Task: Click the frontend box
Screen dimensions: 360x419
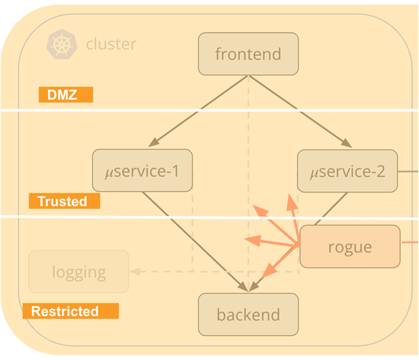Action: (248, 53)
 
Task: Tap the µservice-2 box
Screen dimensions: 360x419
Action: (347, 172)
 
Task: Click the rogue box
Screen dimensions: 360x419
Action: (350, 246)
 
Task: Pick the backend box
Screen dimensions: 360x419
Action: (248, 315)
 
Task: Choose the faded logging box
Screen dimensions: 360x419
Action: (79, 272)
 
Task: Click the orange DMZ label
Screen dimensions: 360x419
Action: (66, 95)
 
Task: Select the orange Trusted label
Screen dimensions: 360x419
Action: (64, 201)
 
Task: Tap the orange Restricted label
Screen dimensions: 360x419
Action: (70, 311)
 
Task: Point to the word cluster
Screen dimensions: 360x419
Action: (111, 45)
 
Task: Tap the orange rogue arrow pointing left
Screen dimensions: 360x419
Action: (270, 241)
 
